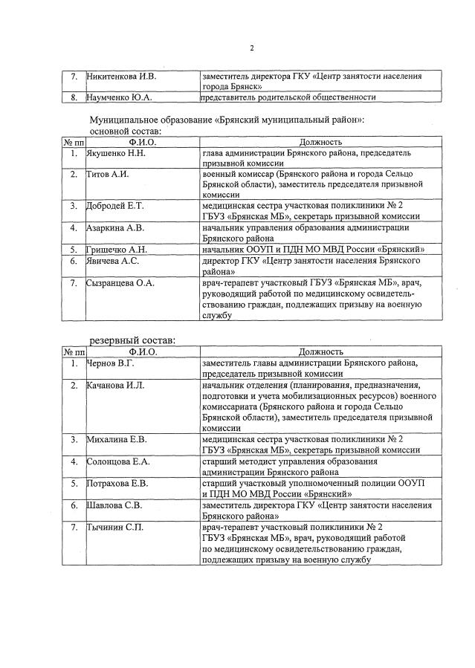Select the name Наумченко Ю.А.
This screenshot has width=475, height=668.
[x=119, y=97]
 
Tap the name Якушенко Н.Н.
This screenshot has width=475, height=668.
[x=116, y=153]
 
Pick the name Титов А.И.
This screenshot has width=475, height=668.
[x=108, y=174]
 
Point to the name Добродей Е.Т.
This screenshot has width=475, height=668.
[x=117, y=204]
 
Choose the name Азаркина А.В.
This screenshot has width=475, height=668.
[x=116, y=227]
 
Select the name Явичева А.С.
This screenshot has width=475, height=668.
[x=113, y=261]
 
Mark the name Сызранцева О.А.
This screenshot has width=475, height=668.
[x=121, y=283]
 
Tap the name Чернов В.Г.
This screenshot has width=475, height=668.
[x=111, y=363]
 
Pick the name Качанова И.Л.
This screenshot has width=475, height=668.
[x=116, y=386]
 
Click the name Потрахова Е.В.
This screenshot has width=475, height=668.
[x=118, y=484]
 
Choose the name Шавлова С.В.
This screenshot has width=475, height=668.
[x=115, y=505]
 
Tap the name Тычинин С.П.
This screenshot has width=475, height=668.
[x=114, y=528]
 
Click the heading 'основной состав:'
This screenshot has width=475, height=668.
[x=129, y=131]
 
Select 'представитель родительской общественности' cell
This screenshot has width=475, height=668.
[x=288, y=97]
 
